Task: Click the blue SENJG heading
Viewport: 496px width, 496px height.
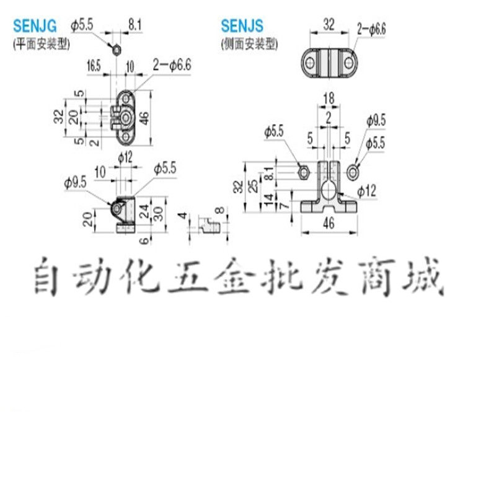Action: pyautogui.click(x=35, y=26)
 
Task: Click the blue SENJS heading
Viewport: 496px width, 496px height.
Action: pyautogui.click(x=242, y=26)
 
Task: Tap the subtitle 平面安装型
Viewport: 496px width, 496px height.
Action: pyautogui.click(x=42, y=44)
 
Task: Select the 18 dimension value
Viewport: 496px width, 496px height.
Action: pyautogui.click(x=329, y=98)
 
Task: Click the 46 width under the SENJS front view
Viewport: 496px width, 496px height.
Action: pyautogui.click(x=329, y=224)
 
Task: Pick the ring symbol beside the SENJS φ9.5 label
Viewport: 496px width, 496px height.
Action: pyautogui.click(x=353, y=171)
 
